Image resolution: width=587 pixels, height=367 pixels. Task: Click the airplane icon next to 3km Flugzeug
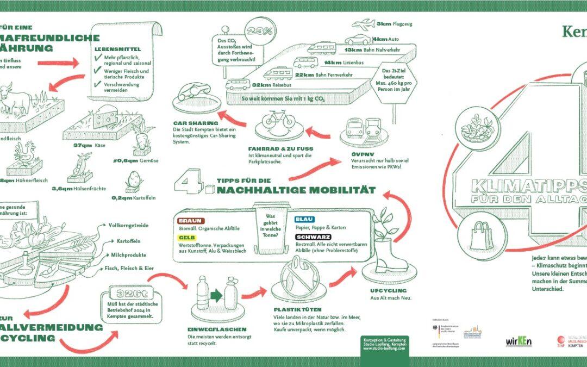(364, 24)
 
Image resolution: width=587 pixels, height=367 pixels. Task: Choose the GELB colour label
(186, 238)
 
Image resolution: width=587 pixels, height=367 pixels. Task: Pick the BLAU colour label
(304, 219)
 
